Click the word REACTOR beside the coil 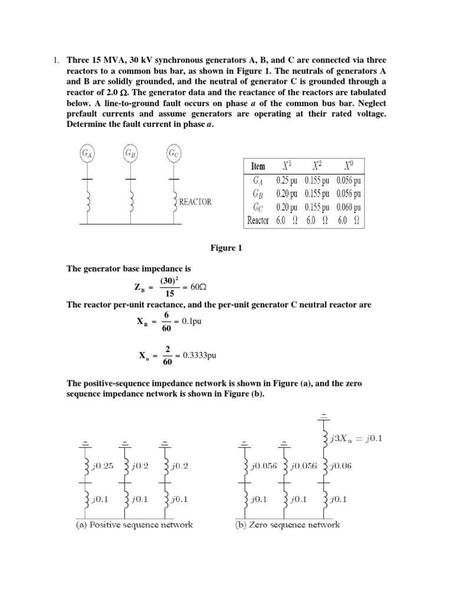[195, 201]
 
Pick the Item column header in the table [258, 166]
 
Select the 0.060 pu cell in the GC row [349, 206]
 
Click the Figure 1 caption [226, 248]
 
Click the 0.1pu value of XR [192, 321]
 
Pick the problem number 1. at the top [57, 61]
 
